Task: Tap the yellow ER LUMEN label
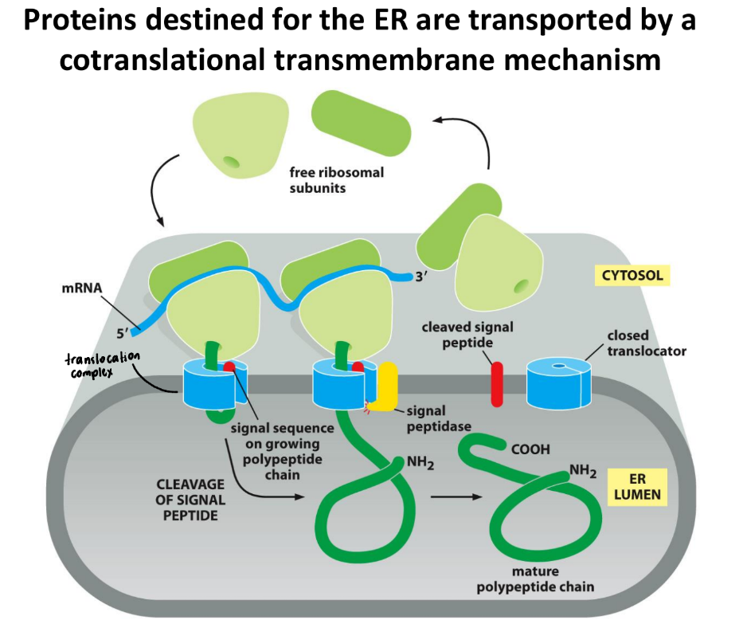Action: (x=637, y=487)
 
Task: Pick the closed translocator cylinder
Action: (x=561, y=383)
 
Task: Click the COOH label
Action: (x=530, y=449)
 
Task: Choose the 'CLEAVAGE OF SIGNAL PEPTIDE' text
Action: (x=190, y=500)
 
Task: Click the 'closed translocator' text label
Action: (x=646, y=343)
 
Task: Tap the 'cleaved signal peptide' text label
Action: (x=467, y=335)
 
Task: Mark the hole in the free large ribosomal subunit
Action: (x=231, y=163)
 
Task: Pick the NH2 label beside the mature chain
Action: (x=582, y=472)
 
